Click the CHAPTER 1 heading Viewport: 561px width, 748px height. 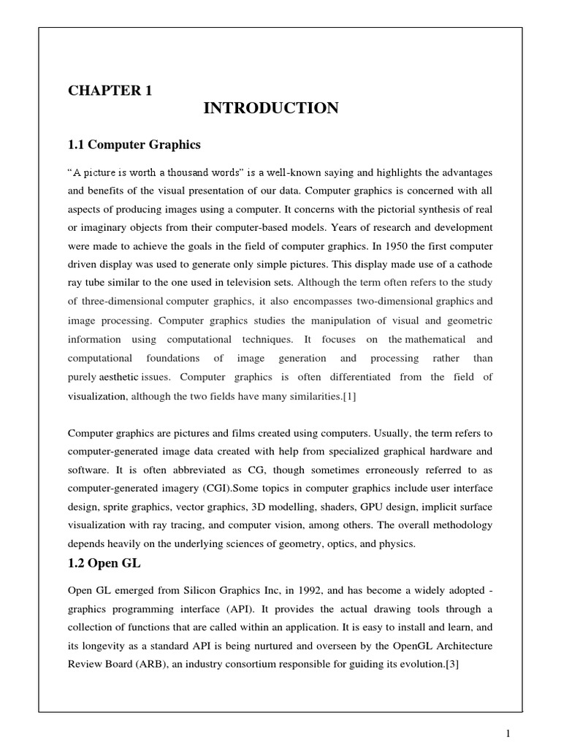tap(110, 91)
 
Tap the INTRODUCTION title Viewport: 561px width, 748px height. tap(270, 109)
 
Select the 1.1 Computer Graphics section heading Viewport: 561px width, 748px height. tap(134, 145)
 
